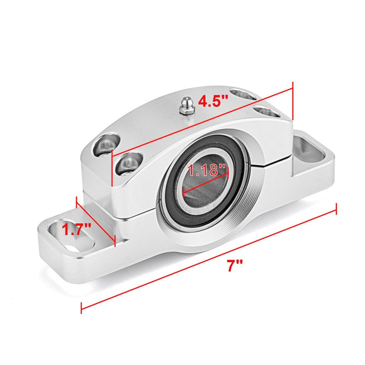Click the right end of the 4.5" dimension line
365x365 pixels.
pyautogui.click(x=293, y=87)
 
